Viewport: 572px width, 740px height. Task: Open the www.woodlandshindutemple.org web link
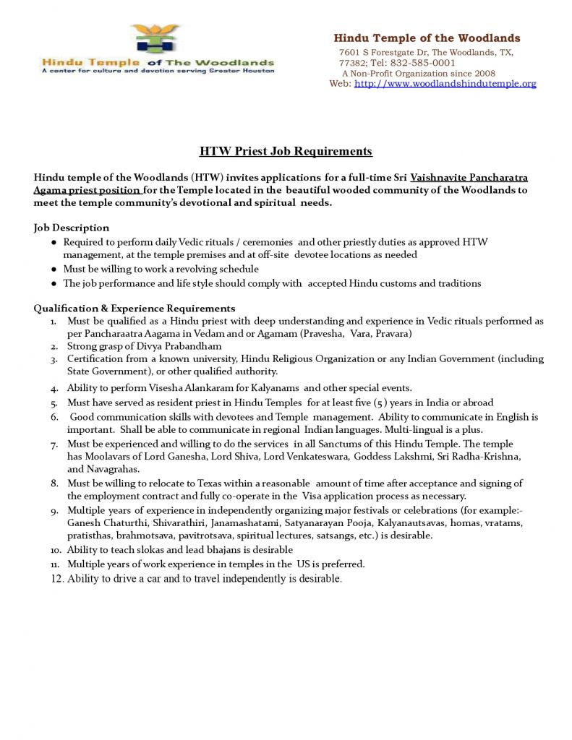coord(445,84)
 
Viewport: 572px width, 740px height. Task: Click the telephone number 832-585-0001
coord(420,63)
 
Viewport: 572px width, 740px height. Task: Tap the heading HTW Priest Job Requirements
coord(286,151)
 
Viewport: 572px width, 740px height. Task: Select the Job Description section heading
coord(72,228)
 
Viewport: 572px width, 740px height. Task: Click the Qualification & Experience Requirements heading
coord(135,308)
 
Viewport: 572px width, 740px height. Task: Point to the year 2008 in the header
coord(481,73)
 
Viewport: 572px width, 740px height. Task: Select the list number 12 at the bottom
coord(57,579)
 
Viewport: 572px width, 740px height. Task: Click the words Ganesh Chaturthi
coord(103,522)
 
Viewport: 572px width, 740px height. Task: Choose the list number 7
coord(55,444)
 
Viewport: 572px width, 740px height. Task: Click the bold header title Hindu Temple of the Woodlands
coord(427,38)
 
